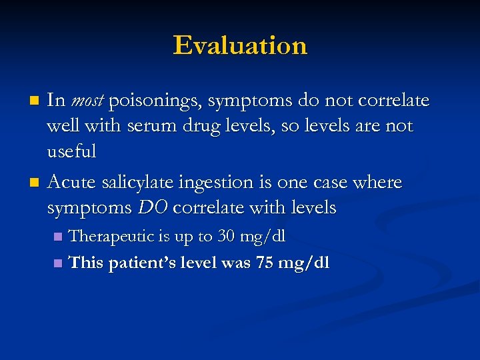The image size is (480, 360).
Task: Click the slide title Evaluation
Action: [x=240, y=45]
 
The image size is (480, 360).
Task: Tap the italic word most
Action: [x=87, y=101]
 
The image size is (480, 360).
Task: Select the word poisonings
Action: [x=155, y=101]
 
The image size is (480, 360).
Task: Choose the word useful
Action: [x=71, y=152]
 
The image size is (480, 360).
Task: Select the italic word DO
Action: [x=153, y=208]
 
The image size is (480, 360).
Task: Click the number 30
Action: [x=227, y=236]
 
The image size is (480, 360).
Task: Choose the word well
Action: [x=62, y=127]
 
